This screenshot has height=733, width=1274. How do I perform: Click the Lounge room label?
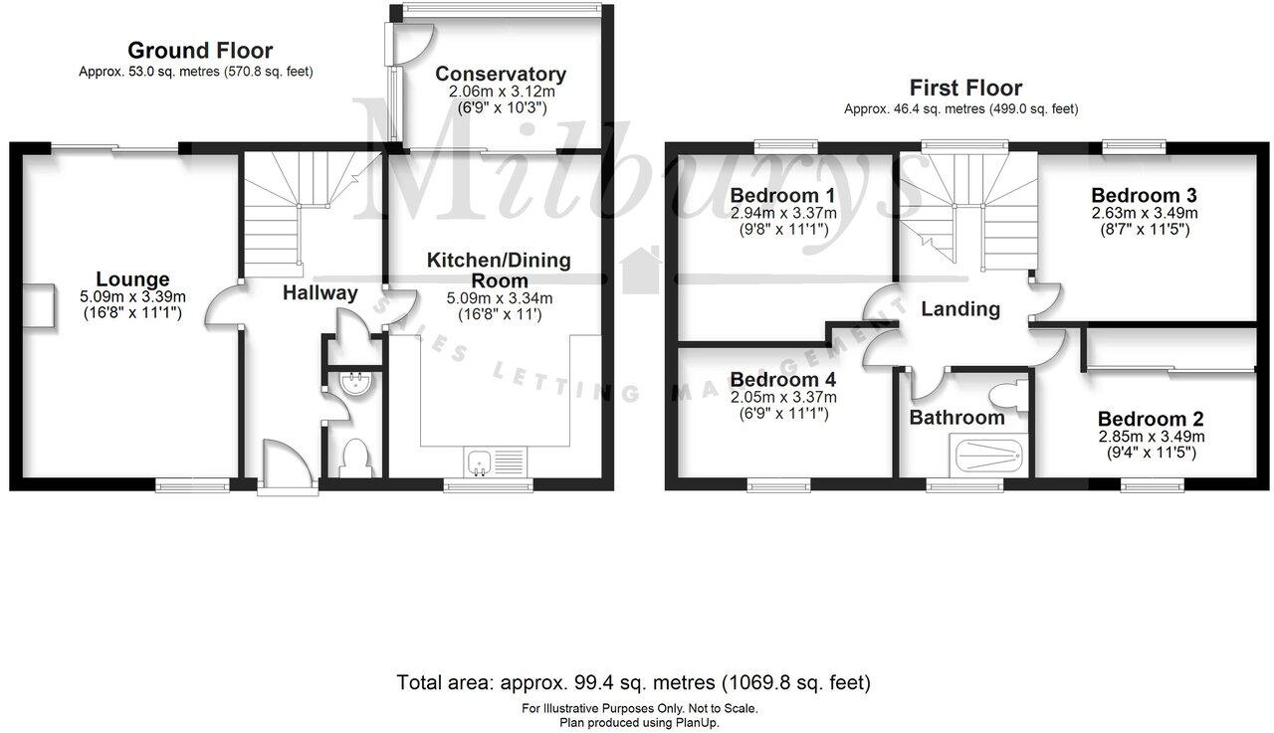coord(132,279)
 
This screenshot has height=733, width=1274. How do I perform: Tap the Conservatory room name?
coord(501,74)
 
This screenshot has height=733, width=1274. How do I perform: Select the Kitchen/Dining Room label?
coord(499,270)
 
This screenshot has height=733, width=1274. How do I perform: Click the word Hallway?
coord(319,293)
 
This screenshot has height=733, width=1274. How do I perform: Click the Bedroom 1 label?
coord(782,194)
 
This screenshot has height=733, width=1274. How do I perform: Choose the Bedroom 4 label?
coord(782,379)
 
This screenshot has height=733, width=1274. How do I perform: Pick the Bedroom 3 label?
coord(1144,194)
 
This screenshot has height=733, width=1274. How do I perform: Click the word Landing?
coord(960,309)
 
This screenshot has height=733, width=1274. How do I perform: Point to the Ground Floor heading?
coord(200,51)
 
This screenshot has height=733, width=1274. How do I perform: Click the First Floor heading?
coord(960,88)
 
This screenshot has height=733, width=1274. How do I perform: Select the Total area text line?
coord(634,683)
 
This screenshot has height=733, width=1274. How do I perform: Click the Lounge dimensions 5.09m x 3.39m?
coord(132,296)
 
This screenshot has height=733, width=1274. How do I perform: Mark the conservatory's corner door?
coord(413,40)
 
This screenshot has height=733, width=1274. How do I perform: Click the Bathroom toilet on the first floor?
coord(1013,395)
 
